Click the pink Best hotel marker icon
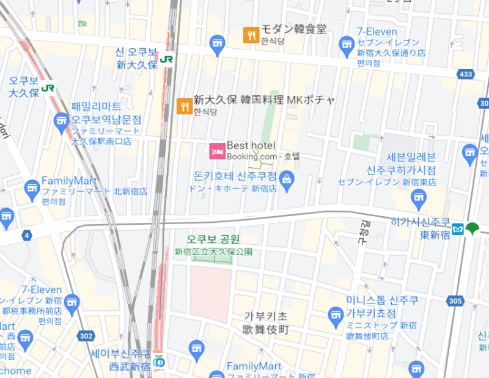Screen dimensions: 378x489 [x=216, y=150]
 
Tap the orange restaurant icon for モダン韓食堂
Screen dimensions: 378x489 [x=251, y=35]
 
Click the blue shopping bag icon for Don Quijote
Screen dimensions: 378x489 [x=287, y=178]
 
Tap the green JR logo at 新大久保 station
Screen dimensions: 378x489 [x=167, y=59]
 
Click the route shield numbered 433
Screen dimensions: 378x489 [x=466, y=74]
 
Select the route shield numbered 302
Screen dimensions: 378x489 [x=86, y=335]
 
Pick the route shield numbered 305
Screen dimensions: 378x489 [x=455, y=300]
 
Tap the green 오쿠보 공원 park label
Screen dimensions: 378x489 [x=213, y=239]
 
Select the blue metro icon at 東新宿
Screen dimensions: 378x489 [x=458, y=230]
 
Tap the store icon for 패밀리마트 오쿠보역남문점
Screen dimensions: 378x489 [x=61, y=120]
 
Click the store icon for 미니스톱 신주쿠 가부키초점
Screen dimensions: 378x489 [x=335, y=315]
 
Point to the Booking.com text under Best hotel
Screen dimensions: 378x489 [x=252, y=156]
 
